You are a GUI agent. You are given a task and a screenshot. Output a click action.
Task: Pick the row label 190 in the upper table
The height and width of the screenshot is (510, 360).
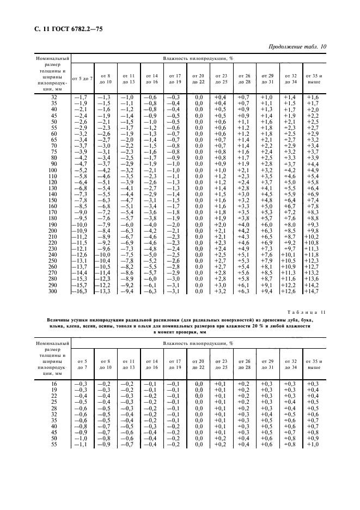pyautogui.click(x=53, y=224)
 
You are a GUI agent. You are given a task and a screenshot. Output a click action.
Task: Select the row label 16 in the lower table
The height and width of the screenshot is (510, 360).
pyautogui.click(x=53, y=384)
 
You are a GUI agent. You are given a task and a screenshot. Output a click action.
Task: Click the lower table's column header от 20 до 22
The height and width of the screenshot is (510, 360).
pyautogui.click(x=198, y=365)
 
